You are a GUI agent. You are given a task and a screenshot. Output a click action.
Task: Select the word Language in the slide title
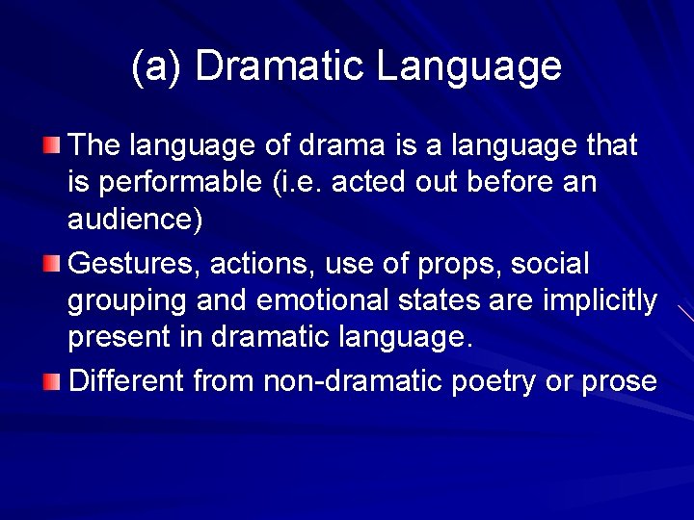(468, 65)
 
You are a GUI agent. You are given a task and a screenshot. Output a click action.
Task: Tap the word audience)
(135, 221)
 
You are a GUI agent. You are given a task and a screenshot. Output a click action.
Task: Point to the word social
(550, 263)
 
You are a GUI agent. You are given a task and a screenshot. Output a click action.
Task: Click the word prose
(620, 381)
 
